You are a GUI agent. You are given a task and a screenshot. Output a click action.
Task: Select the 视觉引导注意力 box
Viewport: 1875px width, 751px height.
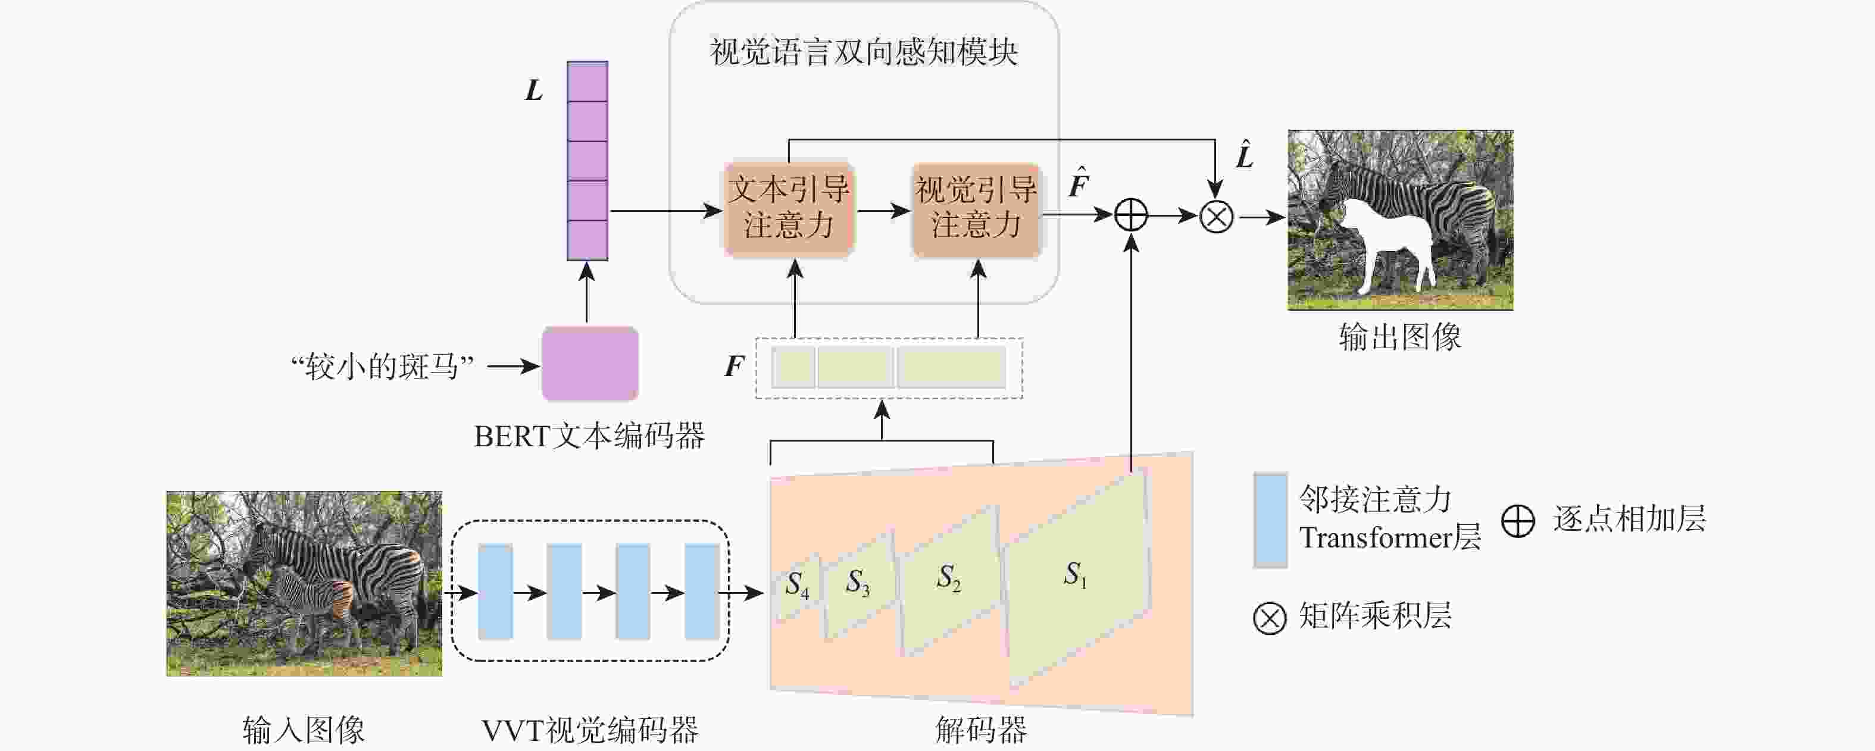click(x=976, y=209)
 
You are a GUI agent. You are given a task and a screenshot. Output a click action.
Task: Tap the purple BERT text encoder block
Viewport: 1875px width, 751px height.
click(x=589, y=364)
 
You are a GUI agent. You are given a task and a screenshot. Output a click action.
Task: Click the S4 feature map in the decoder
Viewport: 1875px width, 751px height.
click(x=798, y=586)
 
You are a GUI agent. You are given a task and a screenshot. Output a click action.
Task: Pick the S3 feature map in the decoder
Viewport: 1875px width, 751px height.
click(x=859, y=584)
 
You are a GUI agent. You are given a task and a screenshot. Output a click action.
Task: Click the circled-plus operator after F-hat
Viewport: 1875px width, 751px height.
click(x=1131, y=215)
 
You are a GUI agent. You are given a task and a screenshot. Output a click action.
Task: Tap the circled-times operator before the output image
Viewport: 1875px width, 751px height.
click(x=1215, y=216)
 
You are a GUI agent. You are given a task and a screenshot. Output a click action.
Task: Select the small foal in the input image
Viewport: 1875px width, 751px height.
click(x=310, y=600)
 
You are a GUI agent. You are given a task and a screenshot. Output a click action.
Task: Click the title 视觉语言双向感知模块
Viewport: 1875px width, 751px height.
click(x=863, y=52)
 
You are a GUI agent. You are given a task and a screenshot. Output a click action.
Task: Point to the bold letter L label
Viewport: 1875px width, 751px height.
click(x=533, y=91)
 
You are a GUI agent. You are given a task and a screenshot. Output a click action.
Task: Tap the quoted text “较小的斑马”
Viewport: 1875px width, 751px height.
click(x=382, y=367)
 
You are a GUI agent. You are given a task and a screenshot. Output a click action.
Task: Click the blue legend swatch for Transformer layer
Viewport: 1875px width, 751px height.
click(x=1270, y=520)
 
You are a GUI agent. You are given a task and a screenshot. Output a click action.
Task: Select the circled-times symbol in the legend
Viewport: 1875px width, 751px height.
click(x=1270, y=618)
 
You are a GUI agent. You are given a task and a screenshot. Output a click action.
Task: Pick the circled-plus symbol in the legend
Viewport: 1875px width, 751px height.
click(x=1518, y=521)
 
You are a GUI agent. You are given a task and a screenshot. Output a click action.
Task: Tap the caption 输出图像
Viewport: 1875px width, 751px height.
click(x=1399, y=337)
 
